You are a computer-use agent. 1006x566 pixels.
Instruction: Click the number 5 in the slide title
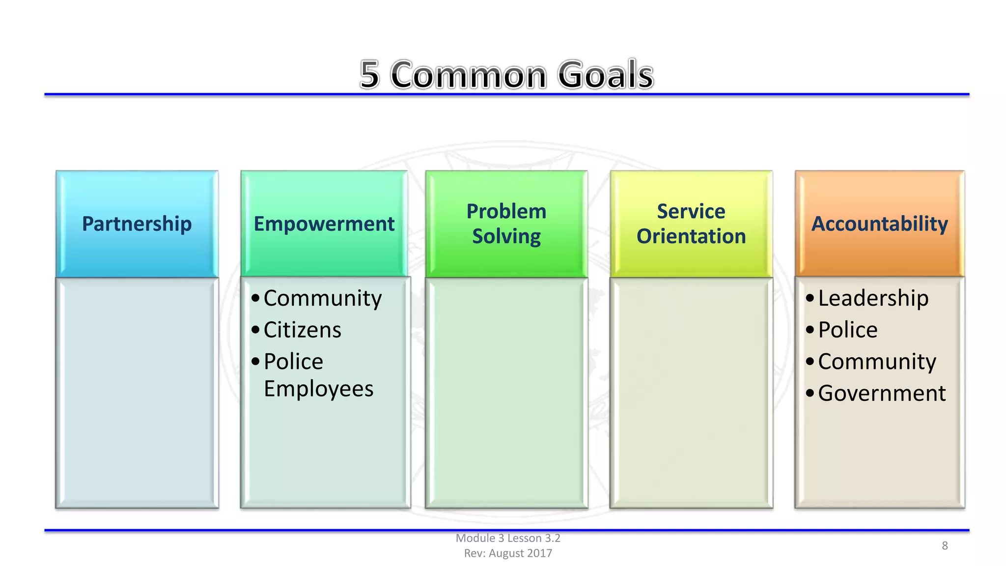click(370, 75)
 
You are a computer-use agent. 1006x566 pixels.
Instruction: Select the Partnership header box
click(137, 224)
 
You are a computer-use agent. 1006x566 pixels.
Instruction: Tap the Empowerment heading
click(324, 224)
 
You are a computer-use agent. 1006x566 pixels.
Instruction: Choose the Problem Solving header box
click(506, 224)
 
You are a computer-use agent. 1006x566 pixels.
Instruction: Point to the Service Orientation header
click(691, 224)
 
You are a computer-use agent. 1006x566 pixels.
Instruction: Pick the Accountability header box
click(879, 224)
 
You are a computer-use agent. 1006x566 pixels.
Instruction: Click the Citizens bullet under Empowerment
click(302, 330)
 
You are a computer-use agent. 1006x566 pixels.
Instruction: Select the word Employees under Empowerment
click(318, 389)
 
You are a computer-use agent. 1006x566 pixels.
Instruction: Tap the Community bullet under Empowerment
click(322, 298)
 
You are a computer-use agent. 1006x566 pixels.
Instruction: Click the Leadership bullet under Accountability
click(873, 298)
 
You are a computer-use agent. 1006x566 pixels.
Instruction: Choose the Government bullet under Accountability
click(882, 393)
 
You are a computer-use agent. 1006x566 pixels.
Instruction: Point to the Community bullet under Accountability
click(877, 362)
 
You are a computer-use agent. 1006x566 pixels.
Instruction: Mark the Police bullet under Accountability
click(847, 330)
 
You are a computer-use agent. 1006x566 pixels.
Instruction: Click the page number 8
click(945, 545)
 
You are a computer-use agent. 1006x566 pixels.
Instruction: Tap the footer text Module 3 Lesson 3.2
click(508, 538)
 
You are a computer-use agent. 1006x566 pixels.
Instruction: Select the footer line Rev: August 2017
click(508, 553)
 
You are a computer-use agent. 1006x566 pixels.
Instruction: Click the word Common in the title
click(469, 75)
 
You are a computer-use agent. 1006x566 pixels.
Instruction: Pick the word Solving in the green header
click(506, 236)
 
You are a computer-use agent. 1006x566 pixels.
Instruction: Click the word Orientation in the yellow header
click(691, 236)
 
